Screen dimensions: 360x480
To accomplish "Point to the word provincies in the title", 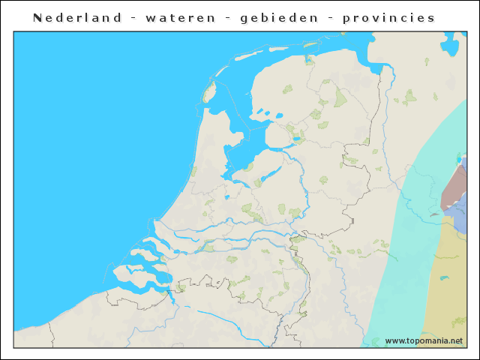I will click(388, 17).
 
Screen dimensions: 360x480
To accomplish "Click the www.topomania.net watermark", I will click(424, 340).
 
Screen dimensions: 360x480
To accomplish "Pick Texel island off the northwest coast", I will click(209, 93).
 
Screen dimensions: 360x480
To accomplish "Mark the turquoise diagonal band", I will click(397, 255).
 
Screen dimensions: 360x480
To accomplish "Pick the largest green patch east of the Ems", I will click(409, 96).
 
